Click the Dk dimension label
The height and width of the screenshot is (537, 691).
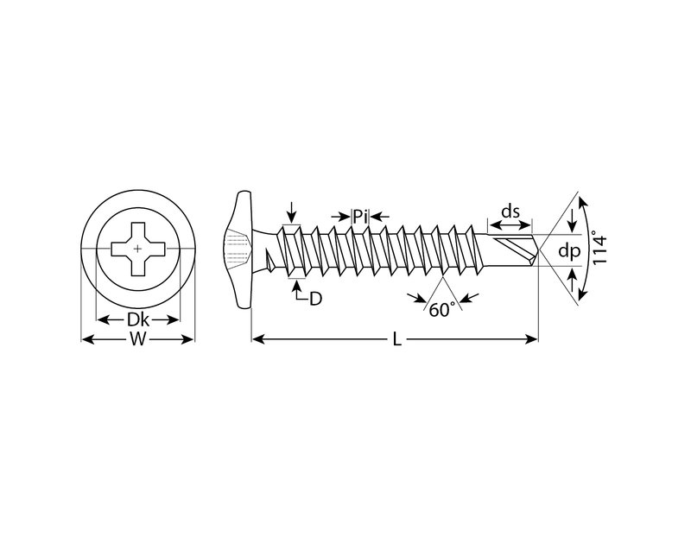coord(137,319)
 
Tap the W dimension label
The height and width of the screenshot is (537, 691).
coord(138,339)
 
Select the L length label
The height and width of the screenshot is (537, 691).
coord(397,339)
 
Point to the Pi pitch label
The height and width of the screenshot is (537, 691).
coord(360,217)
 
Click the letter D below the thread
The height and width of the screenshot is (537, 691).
coord(315,299)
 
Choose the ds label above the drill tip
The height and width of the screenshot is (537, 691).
coord(510,212)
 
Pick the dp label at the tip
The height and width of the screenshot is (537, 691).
coord(569,250)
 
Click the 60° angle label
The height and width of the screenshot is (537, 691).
coord(442,310)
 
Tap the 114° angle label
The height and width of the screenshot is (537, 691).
coord(599,248)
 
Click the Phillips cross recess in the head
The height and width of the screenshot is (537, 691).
coord(138,249)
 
